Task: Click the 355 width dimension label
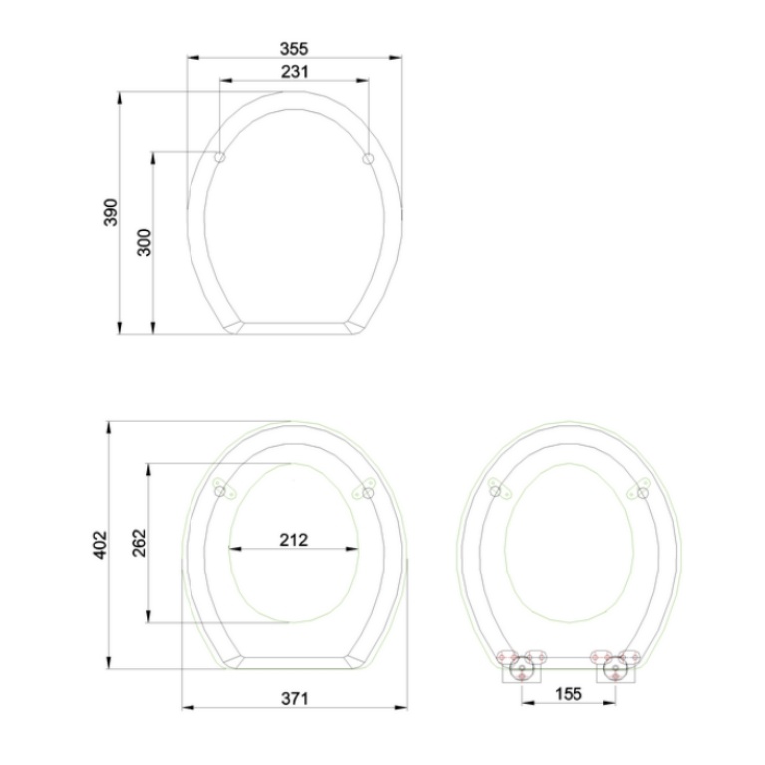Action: pos(294,49)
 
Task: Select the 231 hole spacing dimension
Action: pos(294,72)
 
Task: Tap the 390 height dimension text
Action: pos(111,212)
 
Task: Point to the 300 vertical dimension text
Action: pos(145,242)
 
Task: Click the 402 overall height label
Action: pos(100,544)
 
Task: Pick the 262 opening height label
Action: pos(140,543)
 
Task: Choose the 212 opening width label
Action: pos(293,540)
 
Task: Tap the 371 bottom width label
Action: pos(294,699)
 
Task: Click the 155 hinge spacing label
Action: pos(569,694)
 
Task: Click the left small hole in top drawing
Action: pos(220,157)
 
